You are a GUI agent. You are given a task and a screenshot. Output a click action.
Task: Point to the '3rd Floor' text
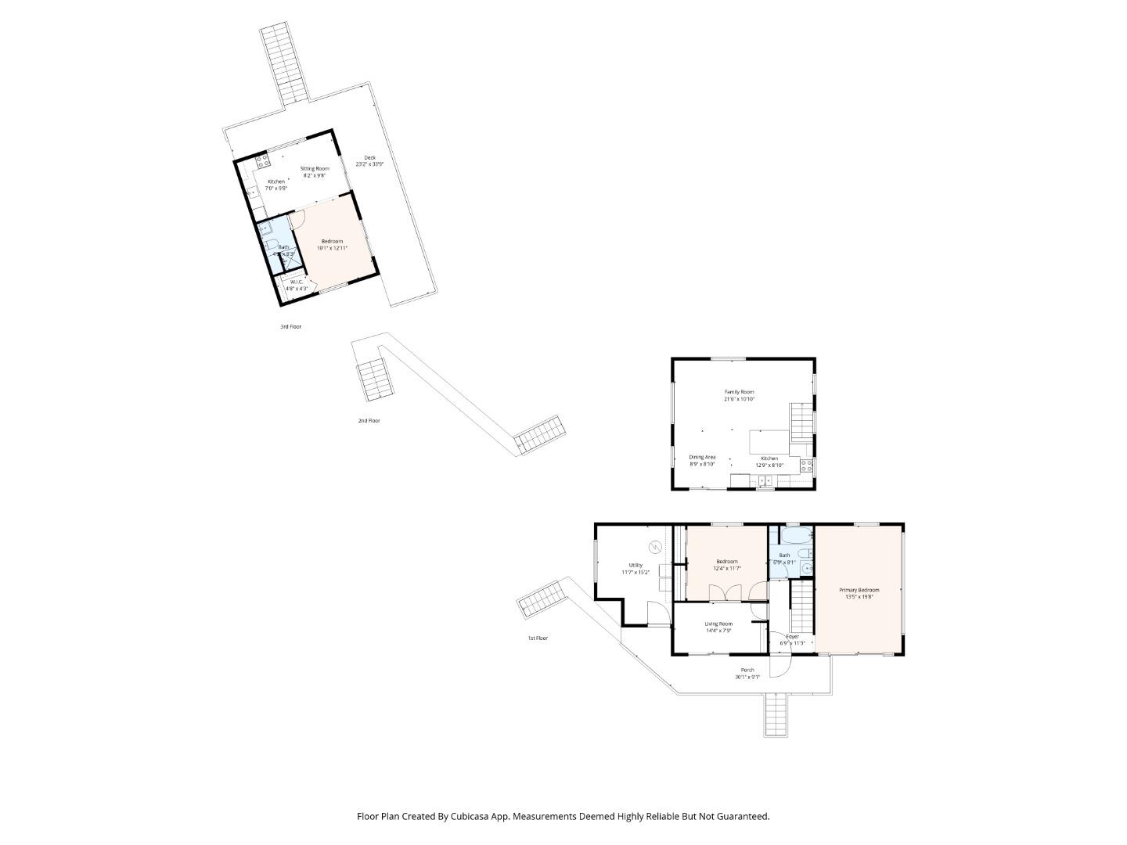point(290,326)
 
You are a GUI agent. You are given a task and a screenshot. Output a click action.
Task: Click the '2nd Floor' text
point(369,421)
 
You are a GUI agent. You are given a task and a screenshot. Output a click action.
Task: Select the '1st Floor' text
point(537,638)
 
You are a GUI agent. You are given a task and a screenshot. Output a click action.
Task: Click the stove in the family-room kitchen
point(807,466)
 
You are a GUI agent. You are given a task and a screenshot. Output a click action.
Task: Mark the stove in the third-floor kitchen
point(262,162)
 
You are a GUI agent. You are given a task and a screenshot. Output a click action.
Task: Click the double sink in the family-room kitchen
point(764,480)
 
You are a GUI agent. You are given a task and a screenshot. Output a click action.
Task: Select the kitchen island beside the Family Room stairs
point(769,442)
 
